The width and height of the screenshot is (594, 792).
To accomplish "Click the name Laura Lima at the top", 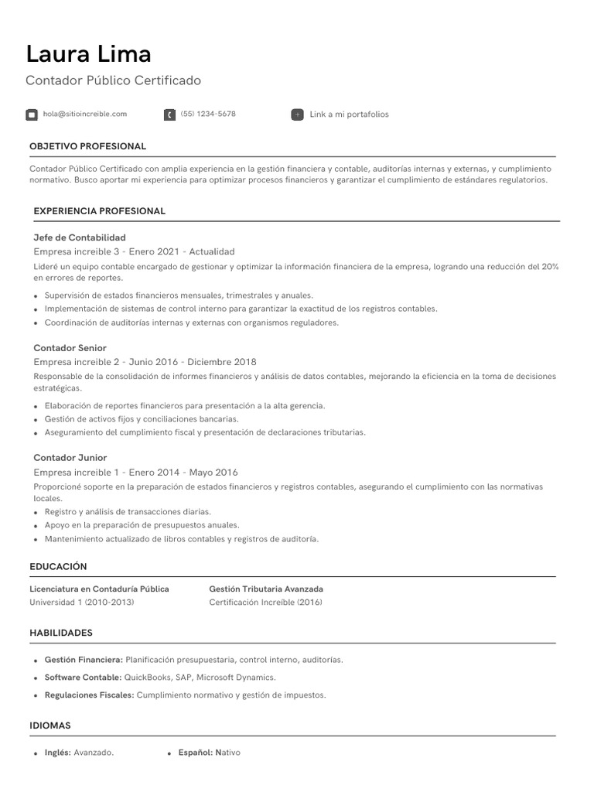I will [x=88, y=54].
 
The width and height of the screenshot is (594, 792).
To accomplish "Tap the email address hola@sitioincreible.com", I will [x=85, y=114].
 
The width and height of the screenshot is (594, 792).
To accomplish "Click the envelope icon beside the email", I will [x=32, y=114].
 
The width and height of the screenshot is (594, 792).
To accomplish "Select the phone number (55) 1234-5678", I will [x=208, y=114].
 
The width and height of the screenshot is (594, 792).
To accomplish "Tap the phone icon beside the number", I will [x=169, y=114].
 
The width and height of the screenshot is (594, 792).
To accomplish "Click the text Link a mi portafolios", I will [x=349, y=114].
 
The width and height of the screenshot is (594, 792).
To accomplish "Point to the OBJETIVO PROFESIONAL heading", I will [x=87, y=146].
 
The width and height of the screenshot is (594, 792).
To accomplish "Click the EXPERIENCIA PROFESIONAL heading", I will [x=99, y=211].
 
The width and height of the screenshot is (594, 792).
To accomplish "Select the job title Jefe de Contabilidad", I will [x=80, y=237].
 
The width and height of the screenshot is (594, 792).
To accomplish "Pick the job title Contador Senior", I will [x=70, y=348].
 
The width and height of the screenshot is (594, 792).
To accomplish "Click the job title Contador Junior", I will [x=70, y=458].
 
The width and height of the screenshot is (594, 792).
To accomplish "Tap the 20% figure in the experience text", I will [x=550, y=266].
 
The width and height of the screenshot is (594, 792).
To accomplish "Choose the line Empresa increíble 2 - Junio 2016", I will [x=145, y=362].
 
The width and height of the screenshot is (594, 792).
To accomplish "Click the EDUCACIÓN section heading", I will [x=58, y=567].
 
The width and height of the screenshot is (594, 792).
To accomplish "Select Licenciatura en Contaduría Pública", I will [x=99, y=589].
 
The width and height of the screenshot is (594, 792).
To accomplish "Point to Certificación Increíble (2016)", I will [x=265, y=603].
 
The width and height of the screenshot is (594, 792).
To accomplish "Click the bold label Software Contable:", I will [x=83, y=678].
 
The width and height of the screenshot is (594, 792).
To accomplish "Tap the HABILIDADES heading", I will [x=61, y=633].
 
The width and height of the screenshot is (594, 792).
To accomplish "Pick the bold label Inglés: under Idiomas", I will [x=58, y=753].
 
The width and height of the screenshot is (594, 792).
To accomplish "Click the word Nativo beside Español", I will [x=227, y=753].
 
